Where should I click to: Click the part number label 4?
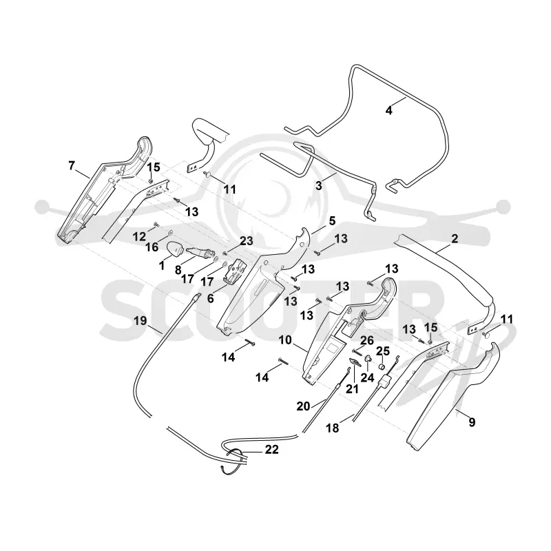click(388, 110)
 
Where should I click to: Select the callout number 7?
click(72, 165)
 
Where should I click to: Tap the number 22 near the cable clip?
click(271, 450)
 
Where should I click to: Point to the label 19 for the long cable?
click(140, 320)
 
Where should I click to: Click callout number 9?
click(472, 422)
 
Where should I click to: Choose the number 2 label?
click(455, 238)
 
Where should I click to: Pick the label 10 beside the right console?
click(285, 340)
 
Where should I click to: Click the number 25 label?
click(384, 351)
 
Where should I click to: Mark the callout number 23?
click(247, 241)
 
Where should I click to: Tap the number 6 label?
click(210, 298)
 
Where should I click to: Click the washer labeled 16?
click(171, 232)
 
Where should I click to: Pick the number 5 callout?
click(332, 220)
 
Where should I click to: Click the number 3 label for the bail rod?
click(318, 185)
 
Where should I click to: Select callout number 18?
click(333, 428)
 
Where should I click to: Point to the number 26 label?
click(367, 340)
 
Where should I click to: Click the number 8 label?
click(178, 270)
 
